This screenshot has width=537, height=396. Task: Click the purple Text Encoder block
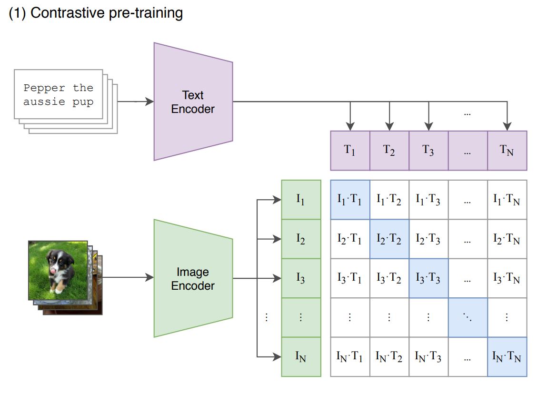193,102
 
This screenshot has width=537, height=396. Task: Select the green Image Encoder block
193,279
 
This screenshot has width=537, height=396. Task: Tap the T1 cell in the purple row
350,151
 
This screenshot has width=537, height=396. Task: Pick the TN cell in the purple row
507,151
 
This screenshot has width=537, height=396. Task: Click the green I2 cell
301,239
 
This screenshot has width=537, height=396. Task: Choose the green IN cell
301,356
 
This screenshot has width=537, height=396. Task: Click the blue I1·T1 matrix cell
350,200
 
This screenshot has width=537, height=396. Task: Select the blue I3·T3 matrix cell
428,278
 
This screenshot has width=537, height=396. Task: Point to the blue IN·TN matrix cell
507,356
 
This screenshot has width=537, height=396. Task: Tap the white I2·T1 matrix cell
350,239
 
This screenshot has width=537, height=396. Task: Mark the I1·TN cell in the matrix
507,200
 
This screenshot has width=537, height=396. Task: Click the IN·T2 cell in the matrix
389,356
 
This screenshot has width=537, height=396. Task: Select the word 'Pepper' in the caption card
44,88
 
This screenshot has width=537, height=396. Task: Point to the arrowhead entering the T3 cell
429,127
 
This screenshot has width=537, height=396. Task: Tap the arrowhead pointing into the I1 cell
277,200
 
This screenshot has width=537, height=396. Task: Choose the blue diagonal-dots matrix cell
467,317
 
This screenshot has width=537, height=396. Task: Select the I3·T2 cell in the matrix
389,278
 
